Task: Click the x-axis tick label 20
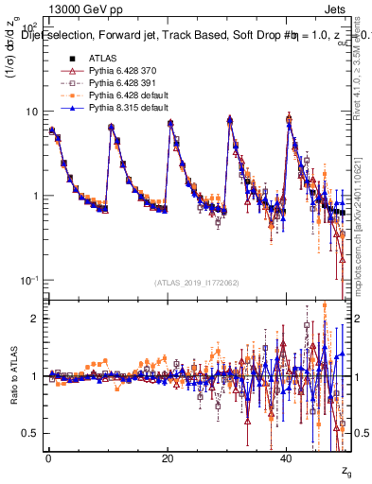pyautogui.click(x=168, y=456)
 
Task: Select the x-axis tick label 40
pyautogui.click(x=287, y=456)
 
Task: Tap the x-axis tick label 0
pyautogui.click(x=48, y=456)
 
